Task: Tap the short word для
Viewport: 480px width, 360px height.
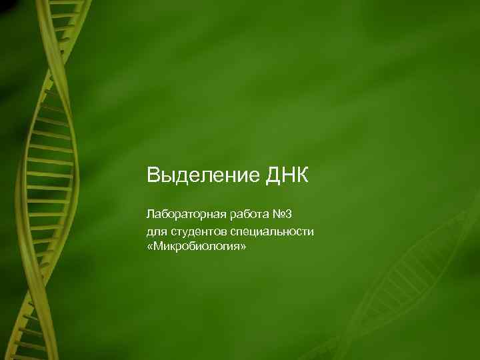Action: pyautogui.click(x=155, y=231)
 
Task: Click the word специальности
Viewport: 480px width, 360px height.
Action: pyautogui.click(x=267, y=231)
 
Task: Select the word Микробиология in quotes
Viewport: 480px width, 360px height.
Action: pyautogui.click(x=197, y=247)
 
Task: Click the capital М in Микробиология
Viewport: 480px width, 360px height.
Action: pyautogui.click(x=157, y=247)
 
